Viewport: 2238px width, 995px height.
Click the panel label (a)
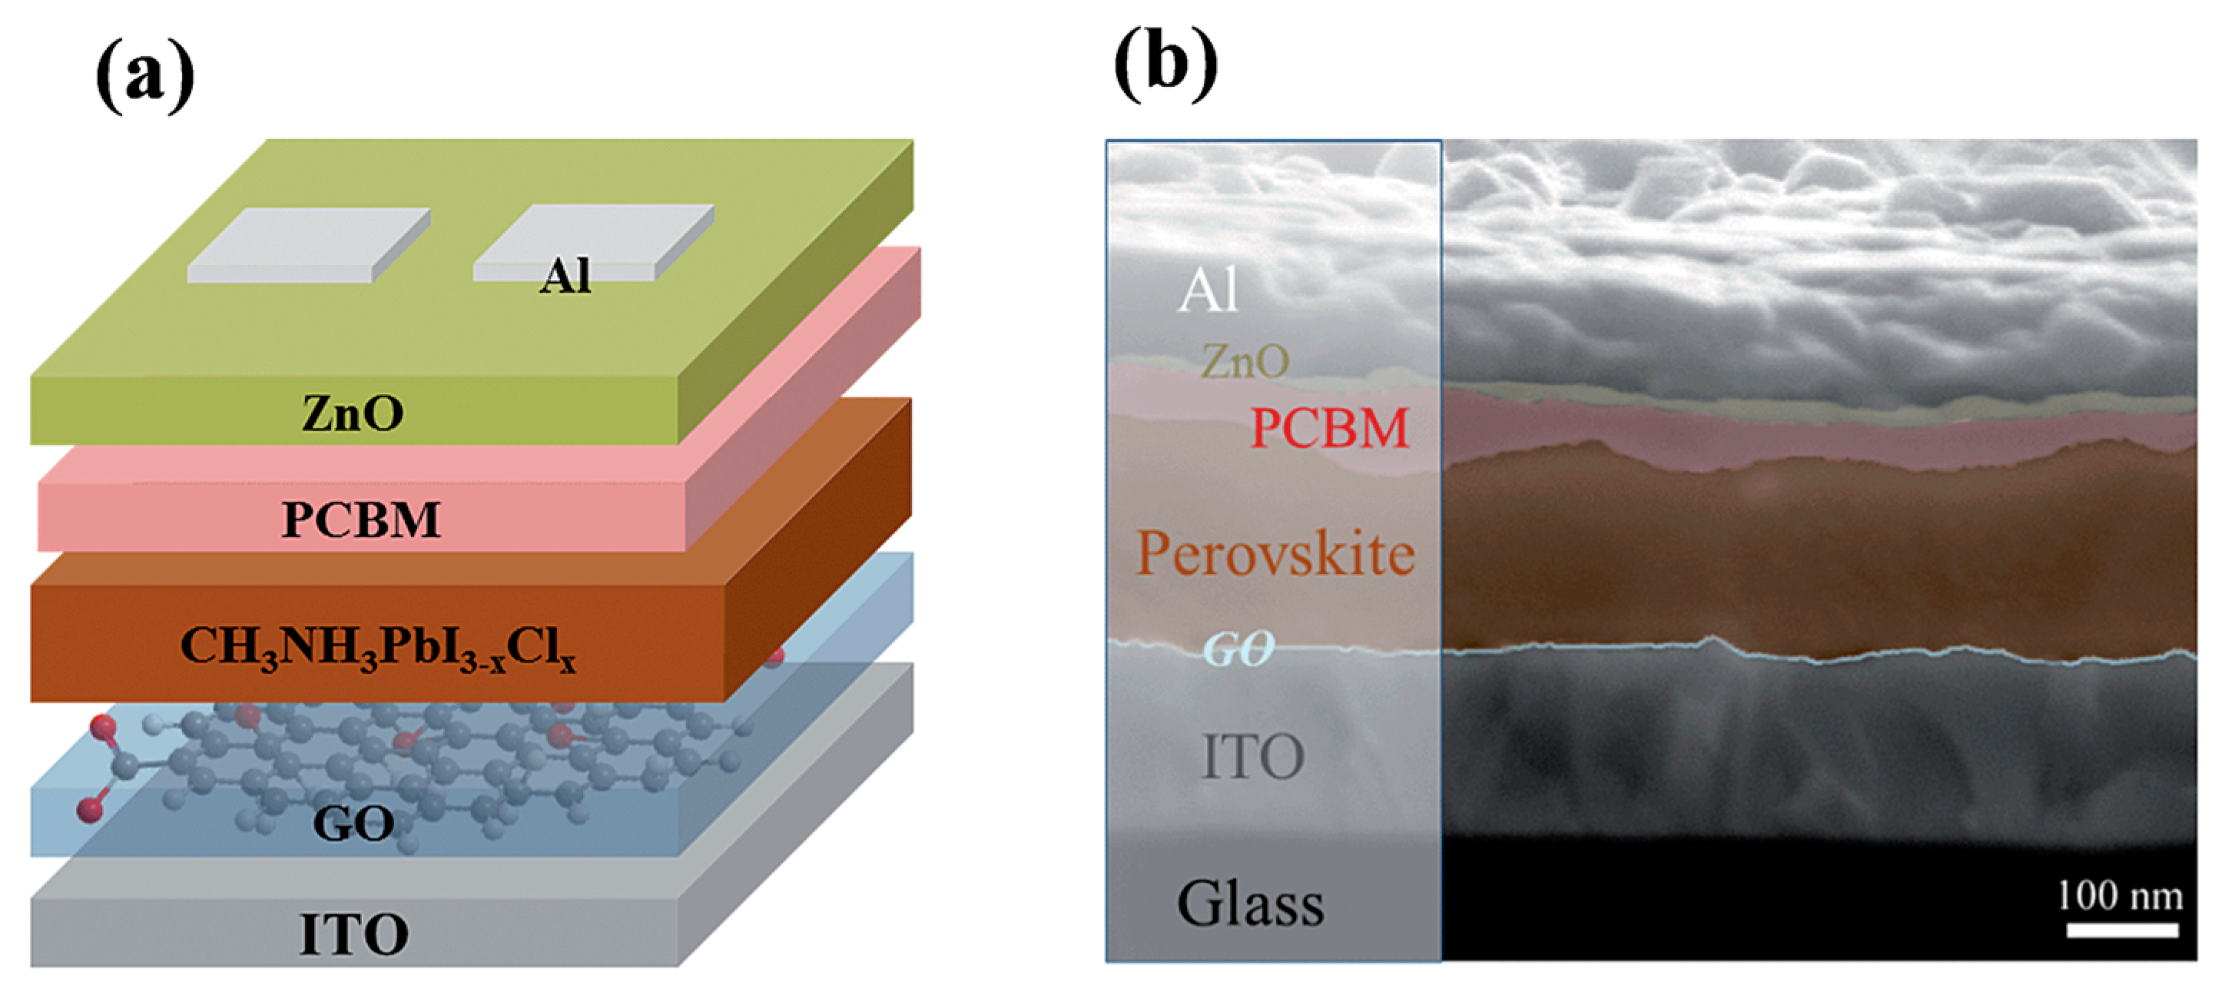[145, 78]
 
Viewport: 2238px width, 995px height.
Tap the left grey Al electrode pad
[308, 245]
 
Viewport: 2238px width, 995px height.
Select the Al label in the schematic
[565, 277]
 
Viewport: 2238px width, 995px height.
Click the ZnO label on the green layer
[353, 413]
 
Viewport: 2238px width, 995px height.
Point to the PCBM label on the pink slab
[361, 519]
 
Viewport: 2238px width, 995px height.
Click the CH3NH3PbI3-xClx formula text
[378, 648]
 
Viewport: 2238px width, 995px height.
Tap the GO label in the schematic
[353, 823]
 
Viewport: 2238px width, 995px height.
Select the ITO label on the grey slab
[353, 934]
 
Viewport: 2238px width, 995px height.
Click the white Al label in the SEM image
[1208, 290]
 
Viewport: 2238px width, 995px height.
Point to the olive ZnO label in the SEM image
[1245, 360]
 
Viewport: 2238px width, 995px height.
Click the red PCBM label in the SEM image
[1329, 429]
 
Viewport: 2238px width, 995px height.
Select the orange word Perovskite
[1275, 553]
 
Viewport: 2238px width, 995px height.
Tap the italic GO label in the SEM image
[1238, 648]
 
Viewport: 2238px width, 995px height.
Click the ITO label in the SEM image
[1253, 757]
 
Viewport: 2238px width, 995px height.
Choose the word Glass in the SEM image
[1250, 904]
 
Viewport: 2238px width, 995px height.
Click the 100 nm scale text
[2120, 895]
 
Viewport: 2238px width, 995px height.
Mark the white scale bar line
[2121, 930]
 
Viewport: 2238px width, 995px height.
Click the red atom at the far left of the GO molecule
[88, 810]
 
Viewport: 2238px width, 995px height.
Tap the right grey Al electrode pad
[592, 241]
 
